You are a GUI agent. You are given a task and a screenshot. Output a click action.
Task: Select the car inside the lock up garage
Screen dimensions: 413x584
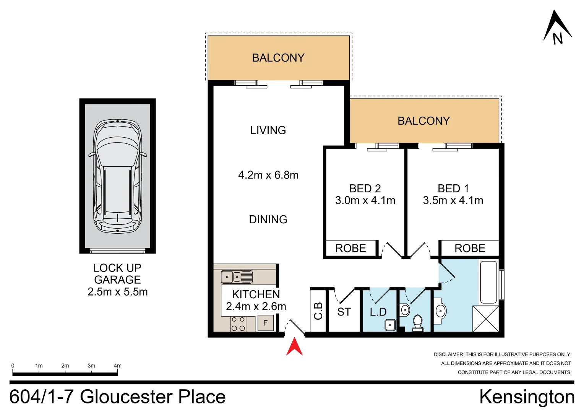(117, 176)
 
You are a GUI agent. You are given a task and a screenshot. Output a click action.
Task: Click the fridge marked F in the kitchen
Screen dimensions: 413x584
(265, 323)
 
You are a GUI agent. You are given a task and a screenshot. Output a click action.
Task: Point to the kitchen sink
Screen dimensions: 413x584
(237, 276)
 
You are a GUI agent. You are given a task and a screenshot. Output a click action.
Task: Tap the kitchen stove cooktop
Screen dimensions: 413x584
(238, 324)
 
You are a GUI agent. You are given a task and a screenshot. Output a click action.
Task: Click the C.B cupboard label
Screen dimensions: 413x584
(318, 311)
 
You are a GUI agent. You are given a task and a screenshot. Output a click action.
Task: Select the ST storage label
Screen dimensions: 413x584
(344, 312)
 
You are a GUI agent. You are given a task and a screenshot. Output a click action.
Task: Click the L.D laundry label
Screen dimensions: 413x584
(378, 312)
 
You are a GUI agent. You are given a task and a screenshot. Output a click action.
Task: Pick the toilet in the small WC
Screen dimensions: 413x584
(417, 322)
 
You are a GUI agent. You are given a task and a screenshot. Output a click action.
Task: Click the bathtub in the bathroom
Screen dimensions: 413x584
(488, 282)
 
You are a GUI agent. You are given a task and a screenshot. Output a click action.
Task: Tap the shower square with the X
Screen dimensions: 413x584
(486, 319)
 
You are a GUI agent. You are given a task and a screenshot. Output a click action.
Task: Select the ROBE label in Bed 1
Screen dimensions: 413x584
(470, 249)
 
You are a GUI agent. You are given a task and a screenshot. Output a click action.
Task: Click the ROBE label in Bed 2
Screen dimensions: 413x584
(350, 249)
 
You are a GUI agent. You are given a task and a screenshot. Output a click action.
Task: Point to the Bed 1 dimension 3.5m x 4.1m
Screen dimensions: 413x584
(453, 200)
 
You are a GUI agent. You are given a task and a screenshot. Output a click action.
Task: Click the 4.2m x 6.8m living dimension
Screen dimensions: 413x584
(268, 175)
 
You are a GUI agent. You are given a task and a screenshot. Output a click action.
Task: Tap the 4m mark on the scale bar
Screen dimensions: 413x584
(118, 366)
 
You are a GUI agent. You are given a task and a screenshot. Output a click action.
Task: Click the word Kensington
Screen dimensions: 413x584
(527, 397)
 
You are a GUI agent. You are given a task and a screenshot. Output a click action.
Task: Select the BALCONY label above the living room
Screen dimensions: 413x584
(278, 58)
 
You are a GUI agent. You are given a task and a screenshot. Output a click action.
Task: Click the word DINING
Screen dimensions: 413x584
(268, 220)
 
